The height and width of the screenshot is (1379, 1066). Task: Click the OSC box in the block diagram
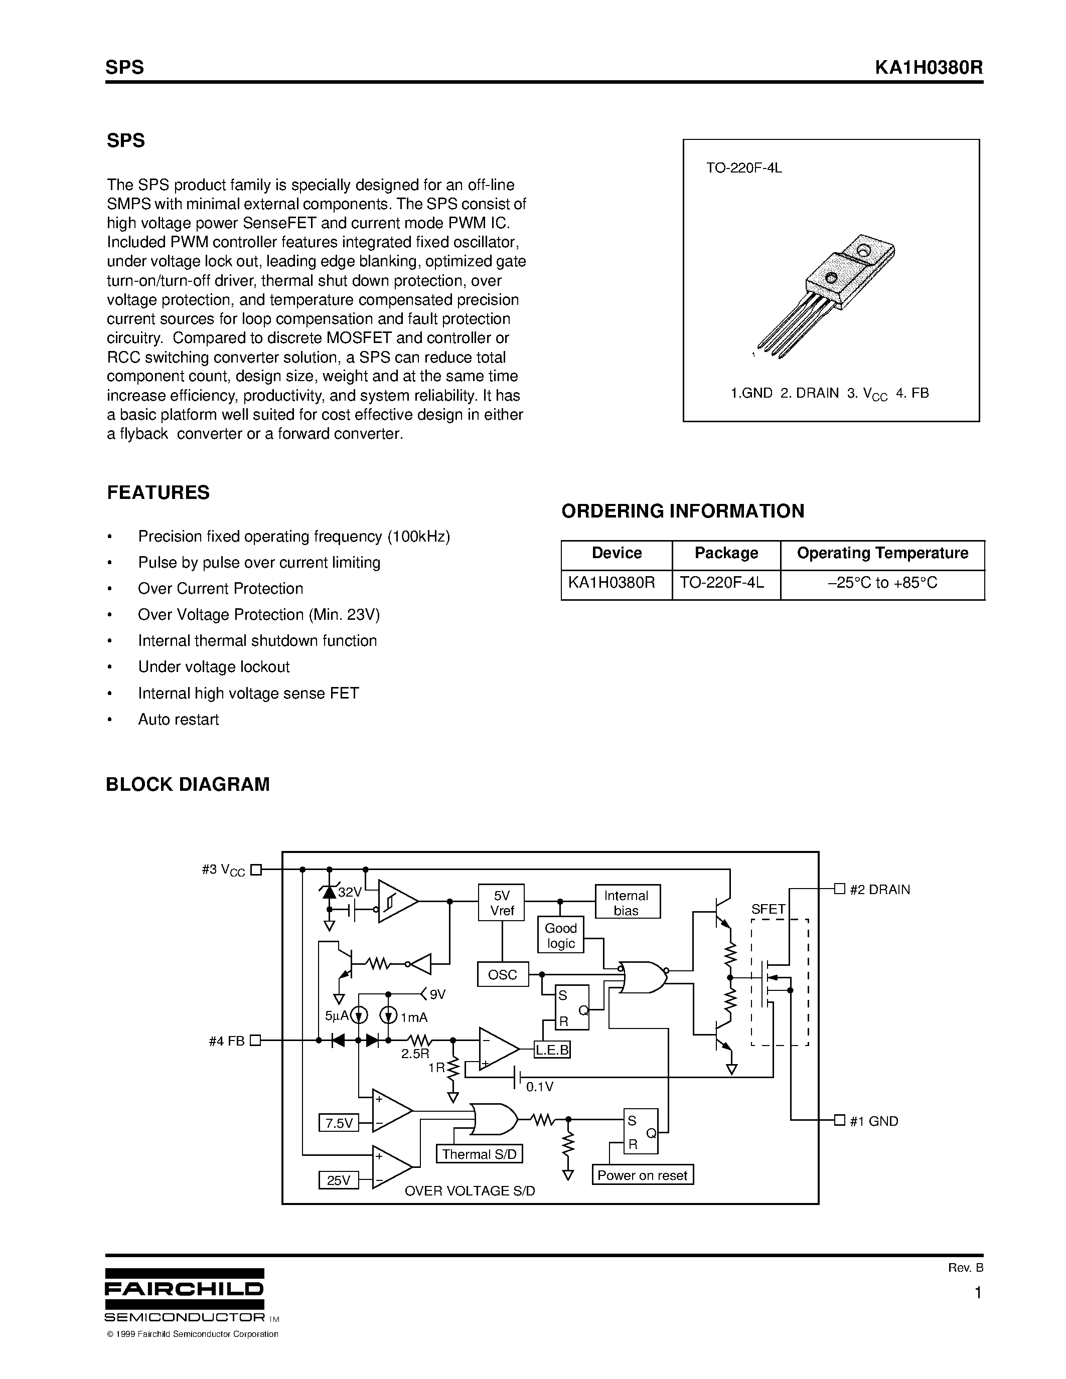[x=502, y=974]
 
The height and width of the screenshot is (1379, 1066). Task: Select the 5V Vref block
[x=502, y=903]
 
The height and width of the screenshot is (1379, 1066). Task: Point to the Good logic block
[x=561, y=936]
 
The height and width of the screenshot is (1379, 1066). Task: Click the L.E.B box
[x=552, y=1050]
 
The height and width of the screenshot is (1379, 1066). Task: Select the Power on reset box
[x=642, y=1175]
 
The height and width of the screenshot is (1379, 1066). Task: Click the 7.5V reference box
[x=339, y=1123]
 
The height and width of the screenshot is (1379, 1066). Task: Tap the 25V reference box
[x=339, y=1180]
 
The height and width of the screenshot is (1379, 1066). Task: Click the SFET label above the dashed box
[x=768, y=909]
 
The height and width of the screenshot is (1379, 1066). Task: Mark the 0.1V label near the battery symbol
[x=540, y=1087]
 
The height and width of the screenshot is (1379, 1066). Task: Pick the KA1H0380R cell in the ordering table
[x=612, y=582]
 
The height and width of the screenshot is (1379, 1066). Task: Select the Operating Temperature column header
[x=882, y=553]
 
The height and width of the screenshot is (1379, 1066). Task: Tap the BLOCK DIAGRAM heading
[x=188, y=784]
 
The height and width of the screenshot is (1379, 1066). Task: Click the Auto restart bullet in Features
[x=179, y=720]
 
